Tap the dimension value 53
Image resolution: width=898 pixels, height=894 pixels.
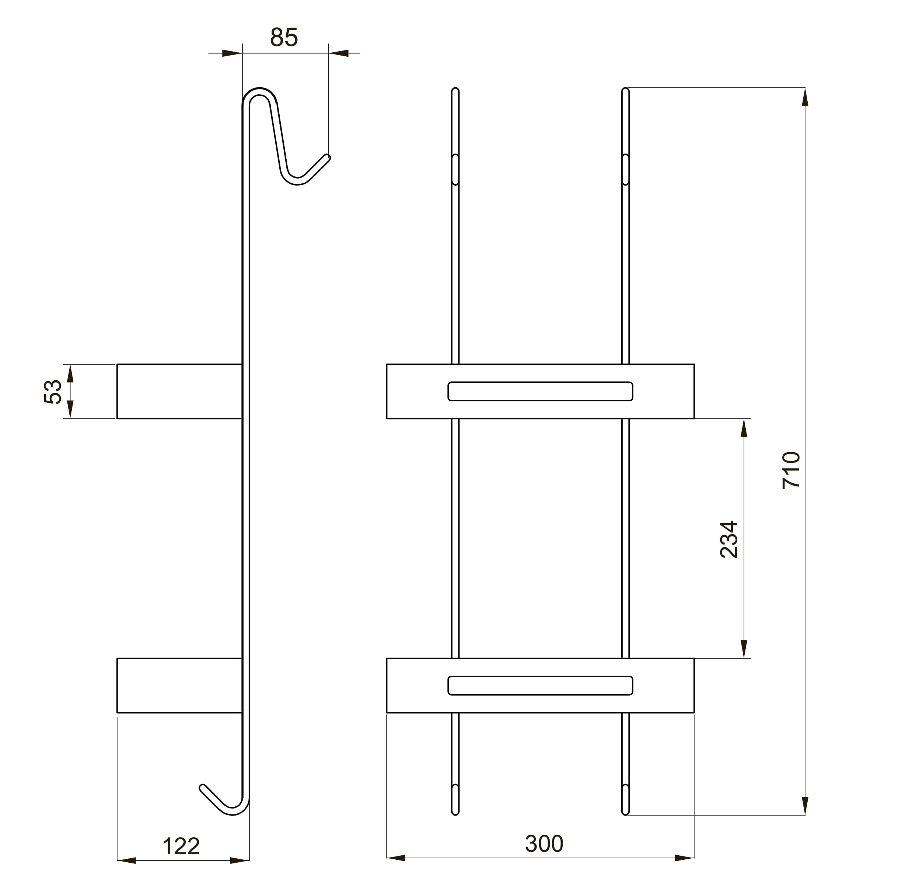53,391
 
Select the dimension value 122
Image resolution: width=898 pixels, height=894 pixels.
181,846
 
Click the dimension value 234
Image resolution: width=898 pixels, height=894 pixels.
729,539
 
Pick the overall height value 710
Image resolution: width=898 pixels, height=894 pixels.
791,470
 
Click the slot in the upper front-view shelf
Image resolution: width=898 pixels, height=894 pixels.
540,391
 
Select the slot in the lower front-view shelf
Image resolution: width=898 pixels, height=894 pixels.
540,686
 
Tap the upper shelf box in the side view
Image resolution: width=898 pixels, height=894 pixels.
179,391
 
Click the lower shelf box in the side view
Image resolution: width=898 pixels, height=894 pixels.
179,686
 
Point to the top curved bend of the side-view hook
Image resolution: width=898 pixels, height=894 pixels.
259,91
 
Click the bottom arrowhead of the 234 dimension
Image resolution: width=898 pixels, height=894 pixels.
744,648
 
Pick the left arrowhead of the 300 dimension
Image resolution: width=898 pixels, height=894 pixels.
395,858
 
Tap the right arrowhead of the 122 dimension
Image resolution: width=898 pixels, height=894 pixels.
240,860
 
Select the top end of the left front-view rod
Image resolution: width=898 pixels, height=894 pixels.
455,89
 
